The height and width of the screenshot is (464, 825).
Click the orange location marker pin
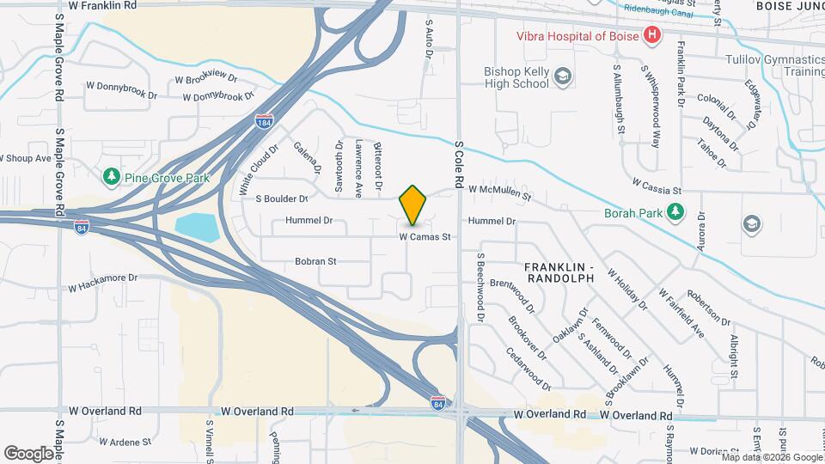pos(413,205)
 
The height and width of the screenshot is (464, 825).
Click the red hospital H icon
pos(652,35)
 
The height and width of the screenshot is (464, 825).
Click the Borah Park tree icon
pos(677,211)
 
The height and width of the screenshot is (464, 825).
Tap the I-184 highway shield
pos(264,121)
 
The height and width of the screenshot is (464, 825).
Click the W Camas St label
pos(425,236)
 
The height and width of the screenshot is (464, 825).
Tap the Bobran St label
pos(315,260)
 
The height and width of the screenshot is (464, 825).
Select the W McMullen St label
pos(499,192)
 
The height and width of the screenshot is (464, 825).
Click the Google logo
pos(29,453)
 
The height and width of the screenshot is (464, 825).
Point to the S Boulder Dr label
pos(282,198)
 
